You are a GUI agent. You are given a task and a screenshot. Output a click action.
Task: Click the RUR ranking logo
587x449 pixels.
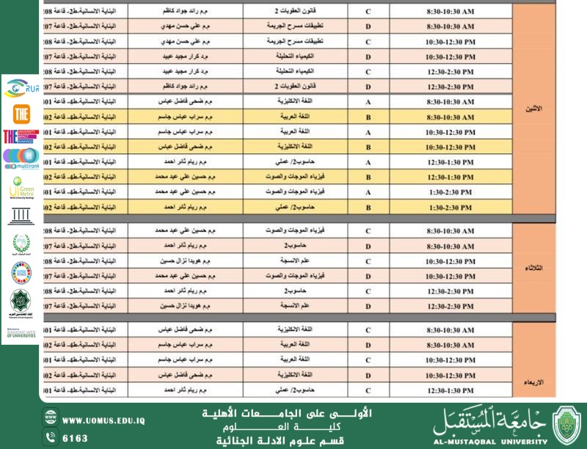(21, 89)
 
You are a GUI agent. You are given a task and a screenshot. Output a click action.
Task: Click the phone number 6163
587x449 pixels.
(75, 438)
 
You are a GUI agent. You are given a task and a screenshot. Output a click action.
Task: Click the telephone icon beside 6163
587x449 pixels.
(51, 437)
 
